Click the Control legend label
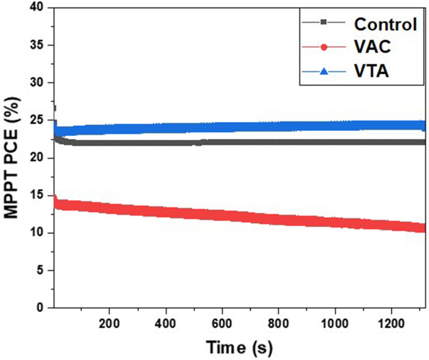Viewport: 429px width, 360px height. click(385, 24)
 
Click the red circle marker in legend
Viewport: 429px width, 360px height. click(323, 47)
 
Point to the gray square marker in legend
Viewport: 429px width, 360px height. click(323, 23)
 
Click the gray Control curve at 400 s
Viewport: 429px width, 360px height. click(166, 142)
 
